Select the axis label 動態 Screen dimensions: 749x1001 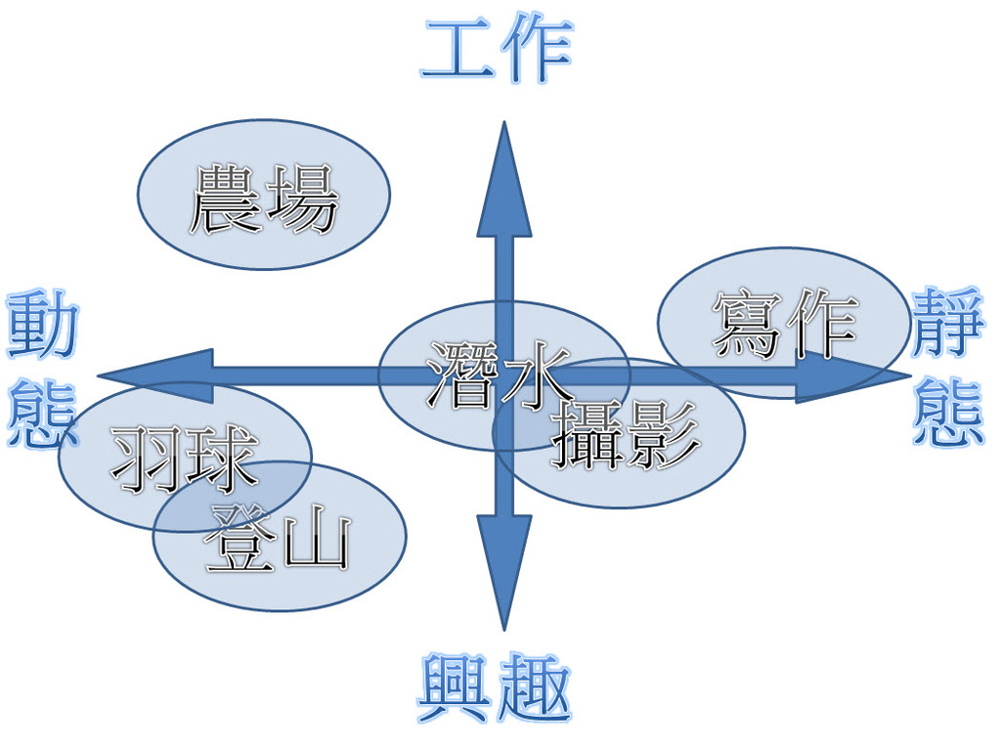(x=41, y=369)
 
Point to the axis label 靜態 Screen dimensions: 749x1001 (x=947, y=369)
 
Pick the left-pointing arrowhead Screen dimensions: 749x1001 (x=156, y=375)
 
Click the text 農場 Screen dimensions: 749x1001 (x=263, y=199)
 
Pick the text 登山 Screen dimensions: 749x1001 (x=279, y=540)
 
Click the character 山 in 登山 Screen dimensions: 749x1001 (x=316, y=542)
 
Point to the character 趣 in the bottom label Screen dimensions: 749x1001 (x=533, y=688)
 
